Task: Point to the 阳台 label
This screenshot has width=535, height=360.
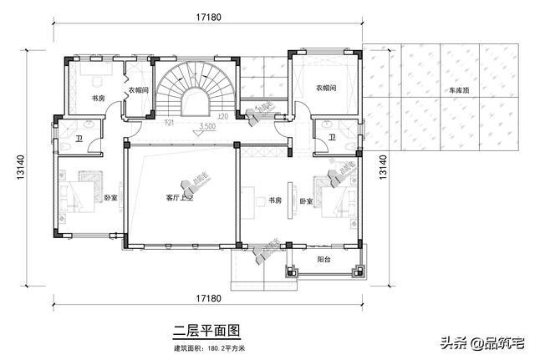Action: coord(324,259)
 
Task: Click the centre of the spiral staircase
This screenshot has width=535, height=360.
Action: coord(194,91)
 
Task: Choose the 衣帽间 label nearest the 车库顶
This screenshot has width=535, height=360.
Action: coord(326,88)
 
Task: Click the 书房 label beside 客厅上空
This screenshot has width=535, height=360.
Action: coord(275,200)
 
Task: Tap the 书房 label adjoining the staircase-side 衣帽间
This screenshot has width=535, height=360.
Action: coord(98,99)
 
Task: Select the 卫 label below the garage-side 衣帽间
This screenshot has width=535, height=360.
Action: coord(332,137)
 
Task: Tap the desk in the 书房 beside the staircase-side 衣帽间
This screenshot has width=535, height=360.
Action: coord(94,80)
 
